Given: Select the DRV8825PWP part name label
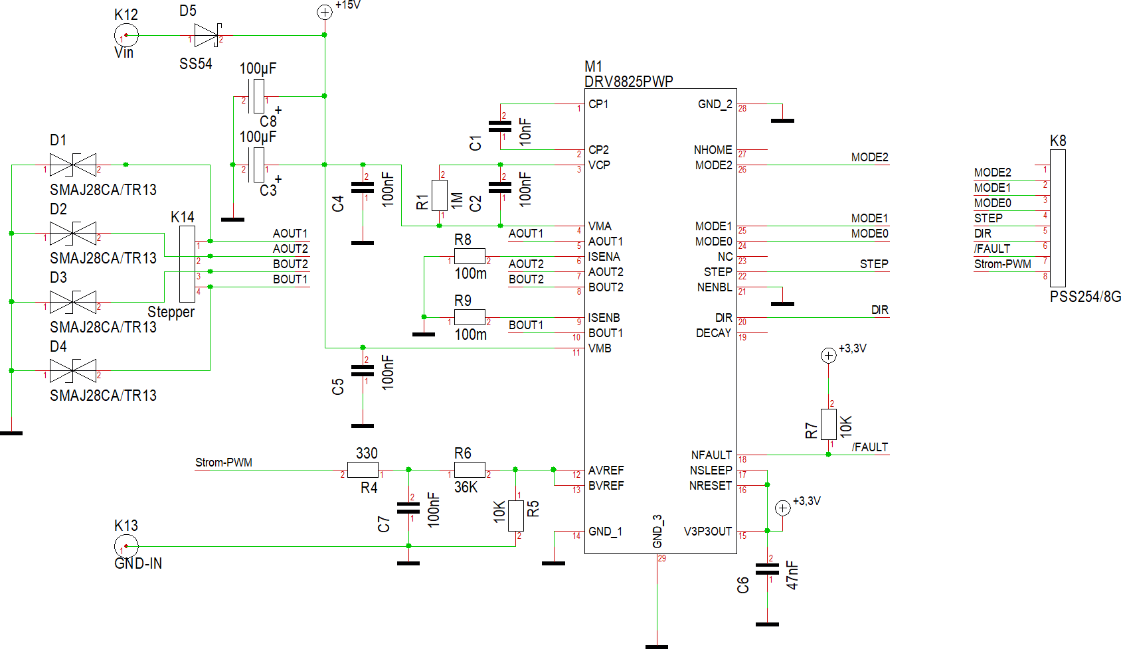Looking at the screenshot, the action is click(628, 81).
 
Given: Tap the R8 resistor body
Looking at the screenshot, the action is click(470, 257).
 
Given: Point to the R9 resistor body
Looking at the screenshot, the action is click(470, 317).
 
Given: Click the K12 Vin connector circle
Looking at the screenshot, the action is click(126, 35).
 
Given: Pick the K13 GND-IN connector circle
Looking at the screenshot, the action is click(126, 546).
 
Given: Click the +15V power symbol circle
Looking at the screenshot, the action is click(325, 13).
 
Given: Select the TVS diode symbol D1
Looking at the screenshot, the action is click(73, 165).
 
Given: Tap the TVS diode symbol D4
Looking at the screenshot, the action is click(73, 370).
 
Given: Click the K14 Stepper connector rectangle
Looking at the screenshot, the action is click(187, 264).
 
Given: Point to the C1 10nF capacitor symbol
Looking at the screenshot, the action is click(500, 127).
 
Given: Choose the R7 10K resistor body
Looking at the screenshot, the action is click(828, 425).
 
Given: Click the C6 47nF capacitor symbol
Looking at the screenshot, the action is click(767, 569).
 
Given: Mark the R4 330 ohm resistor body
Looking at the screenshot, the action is click(363, 470).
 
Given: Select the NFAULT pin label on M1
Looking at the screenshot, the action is click(711, 455).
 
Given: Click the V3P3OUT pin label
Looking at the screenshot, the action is click(708, 531).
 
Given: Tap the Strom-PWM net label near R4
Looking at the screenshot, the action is click(223, 463).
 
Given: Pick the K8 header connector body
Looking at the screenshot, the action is click(1057, 218).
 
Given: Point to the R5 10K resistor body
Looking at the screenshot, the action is click(515, 516).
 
